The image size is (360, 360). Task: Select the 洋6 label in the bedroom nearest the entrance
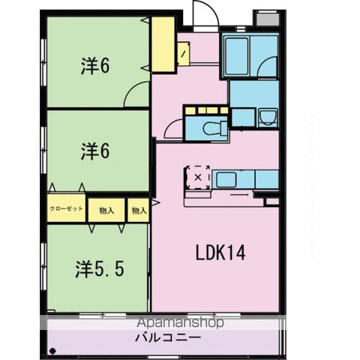pyautogui.click(x=96, y=66)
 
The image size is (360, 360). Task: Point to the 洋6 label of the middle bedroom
pyautogui.click(x=96, y=151)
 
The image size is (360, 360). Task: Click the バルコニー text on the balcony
pyautogui.click(x=167, y=338)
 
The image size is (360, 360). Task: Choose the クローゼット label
pyautogui.click(x=67, y=210)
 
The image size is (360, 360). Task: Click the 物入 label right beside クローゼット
pyautogui.click(x=106, y=211)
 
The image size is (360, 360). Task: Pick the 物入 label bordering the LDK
pyautogui.click(x=139, y=211)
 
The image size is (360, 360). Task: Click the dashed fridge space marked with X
pyautogui.click(x=198, y=177)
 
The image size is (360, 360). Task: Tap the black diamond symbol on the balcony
pyautogui.click(x=53, y=350)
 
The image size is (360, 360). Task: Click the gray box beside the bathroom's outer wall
pyautogui.click(x=264, y=19)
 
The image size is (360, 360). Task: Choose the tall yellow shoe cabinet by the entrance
pyautogui.click(x=163, y=44)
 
